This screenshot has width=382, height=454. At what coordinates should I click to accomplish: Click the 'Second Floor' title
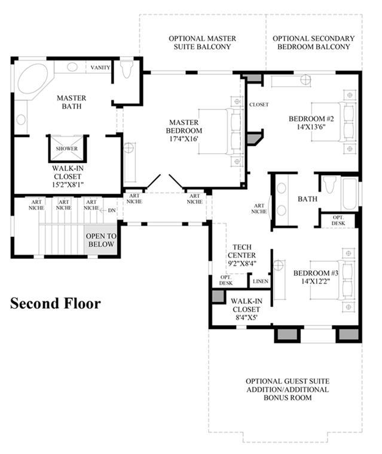(x=56, y=303)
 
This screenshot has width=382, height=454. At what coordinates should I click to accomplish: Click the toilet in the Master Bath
(x=126, y=69)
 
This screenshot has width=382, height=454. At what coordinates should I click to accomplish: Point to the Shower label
(x=67, y=148)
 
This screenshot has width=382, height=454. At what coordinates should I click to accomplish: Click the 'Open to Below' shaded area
(x=101, y=240)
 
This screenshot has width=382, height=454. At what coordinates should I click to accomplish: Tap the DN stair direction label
(x=112, y=211)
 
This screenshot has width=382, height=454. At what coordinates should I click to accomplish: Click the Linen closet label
(x=261, y=281)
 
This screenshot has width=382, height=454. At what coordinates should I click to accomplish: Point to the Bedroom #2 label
(x=311, y=118)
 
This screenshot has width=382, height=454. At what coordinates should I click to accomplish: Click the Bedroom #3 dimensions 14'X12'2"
(x=316, y=281)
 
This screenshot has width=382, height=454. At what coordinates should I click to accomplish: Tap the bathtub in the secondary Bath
(x=350, y=194)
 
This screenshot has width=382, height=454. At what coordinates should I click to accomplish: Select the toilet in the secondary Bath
(x=329, y=185)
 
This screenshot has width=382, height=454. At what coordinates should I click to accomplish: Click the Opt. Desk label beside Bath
(x=338, y=220)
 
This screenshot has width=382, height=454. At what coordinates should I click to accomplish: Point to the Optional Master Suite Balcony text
(x=202, y=42)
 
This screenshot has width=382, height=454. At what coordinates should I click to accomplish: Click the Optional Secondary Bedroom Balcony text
(x=313, y=42)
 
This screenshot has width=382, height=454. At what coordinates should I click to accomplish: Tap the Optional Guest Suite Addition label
(x=288, y=385)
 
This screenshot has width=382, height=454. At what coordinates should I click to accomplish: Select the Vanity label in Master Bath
(x=100, y=68)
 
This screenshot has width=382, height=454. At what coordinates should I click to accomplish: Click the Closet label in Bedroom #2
(x=259, y=105)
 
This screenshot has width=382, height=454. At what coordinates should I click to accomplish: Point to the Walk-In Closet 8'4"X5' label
(x=246, y=309)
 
